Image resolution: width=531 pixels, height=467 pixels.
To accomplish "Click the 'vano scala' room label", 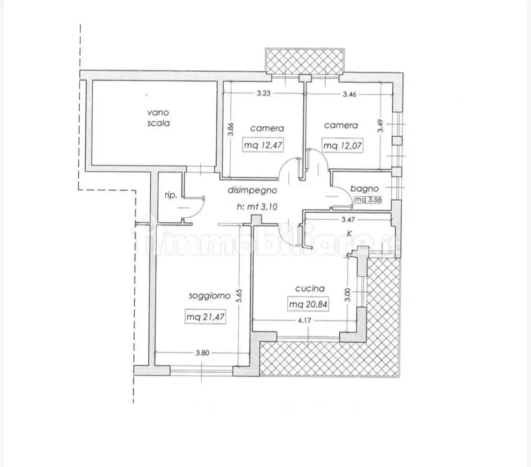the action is coord(158,117).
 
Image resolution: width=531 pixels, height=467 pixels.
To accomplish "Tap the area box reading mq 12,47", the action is coord(263,145).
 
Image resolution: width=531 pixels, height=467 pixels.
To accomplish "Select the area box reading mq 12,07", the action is coord(342,146).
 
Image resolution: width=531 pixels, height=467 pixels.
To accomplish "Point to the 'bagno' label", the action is coord(364,189).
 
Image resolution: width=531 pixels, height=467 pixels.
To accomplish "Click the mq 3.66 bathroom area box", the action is coord(368,199).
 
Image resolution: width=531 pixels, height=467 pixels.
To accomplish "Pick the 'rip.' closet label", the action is coord(171,195).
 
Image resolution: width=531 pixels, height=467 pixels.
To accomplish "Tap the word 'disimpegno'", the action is coord(252,190).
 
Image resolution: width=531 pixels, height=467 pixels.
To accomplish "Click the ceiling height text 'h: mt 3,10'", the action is coord(257,207).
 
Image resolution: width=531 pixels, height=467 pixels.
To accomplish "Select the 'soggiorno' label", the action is coord(209,296).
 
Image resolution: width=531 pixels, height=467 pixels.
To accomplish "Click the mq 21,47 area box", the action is coord(205,317).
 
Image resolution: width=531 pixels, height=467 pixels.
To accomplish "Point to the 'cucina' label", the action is coord(310,288).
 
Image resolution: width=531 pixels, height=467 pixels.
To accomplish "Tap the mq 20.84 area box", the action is coord(308,304).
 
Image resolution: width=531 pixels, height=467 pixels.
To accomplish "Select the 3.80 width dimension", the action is coord(202,353).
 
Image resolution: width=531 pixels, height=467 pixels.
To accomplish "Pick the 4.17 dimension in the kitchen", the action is coord(304,320).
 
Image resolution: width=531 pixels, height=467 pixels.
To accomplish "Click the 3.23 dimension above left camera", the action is coord(263,93).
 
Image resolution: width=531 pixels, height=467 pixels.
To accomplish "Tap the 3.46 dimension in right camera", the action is coord(349,94).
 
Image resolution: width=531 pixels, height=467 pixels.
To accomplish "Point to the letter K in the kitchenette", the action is coord(349,233).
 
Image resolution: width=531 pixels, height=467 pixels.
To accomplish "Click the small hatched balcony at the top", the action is coord(305,61).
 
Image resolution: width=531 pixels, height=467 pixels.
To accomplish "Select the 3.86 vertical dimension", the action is coord(230,129).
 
